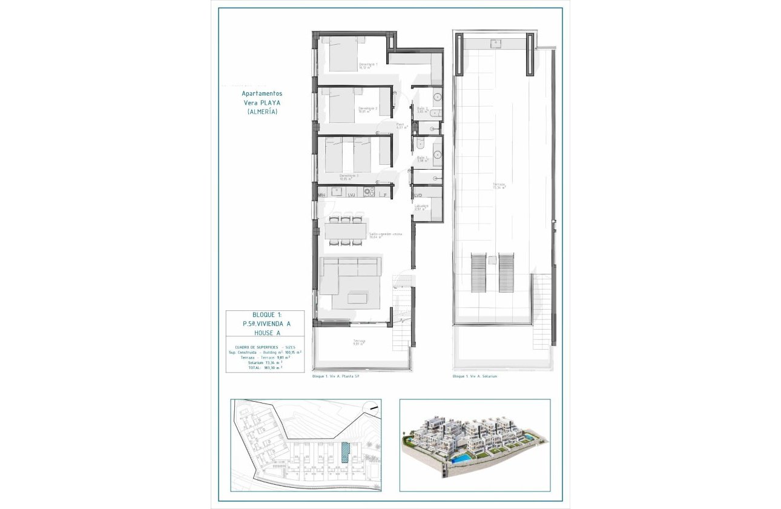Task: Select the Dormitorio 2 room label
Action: pos(367,110)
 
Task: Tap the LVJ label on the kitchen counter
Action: pos(351,195)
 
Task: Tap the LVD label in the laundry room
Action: pos(418,195)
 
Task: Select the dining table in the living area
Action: pos(345,231)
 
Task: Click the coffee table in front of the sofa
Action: pos(360,298)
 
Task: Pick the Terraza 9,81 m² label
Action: pos(360,343)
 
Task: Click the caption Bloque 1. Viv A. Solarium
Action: pos(478,376)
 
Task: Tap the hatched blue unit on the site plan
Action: pos(345,453)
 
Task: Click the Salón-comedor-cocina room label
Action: pos(386,236)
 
